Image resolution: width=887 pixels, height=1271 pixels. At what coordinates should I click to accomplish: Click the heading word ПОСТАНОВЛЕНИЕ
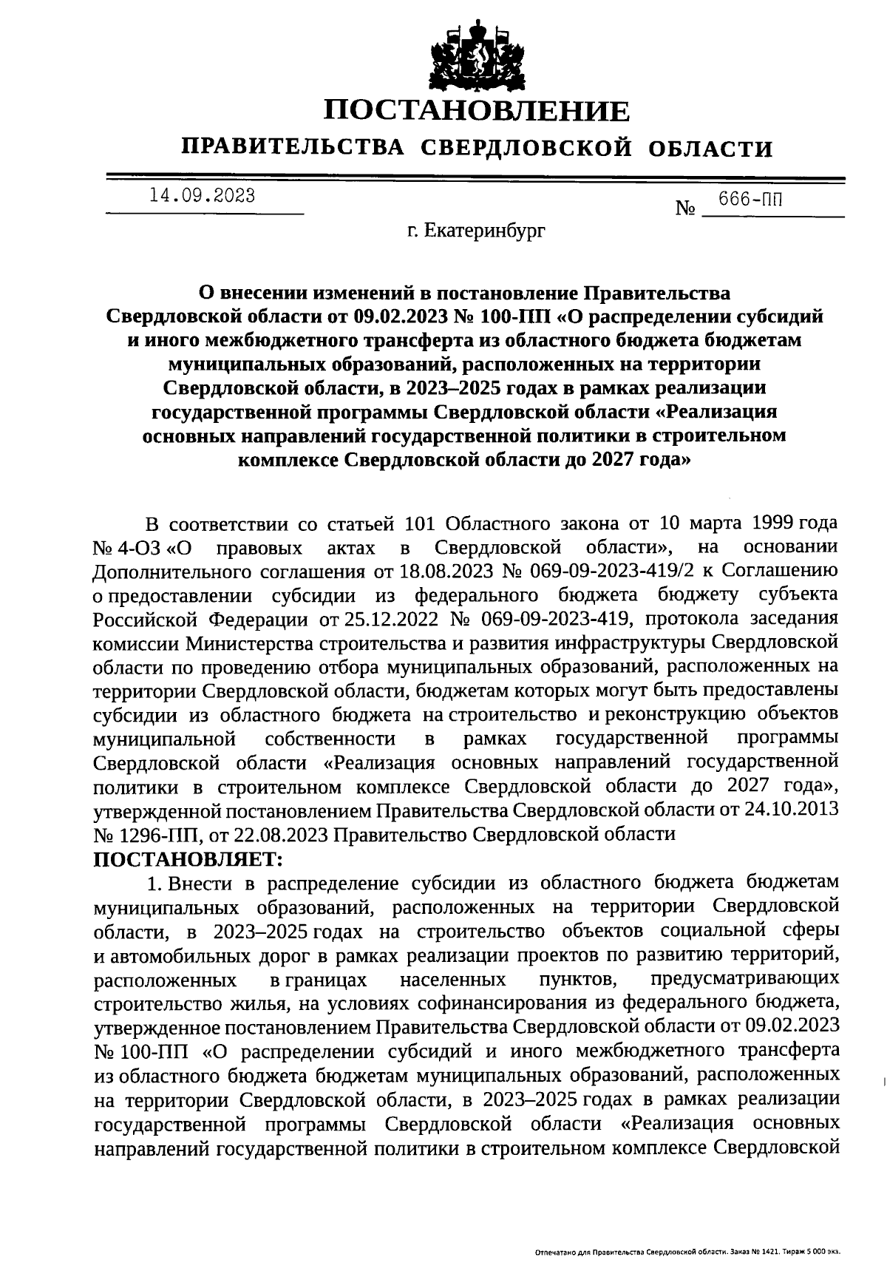[478, 111]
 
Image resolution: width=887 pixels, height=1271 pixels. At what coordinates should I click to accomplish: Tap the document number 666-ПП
[751, 200]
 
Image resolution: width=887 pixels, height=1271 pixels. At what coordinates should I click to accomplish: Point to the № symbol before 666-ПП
[686, 209]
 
